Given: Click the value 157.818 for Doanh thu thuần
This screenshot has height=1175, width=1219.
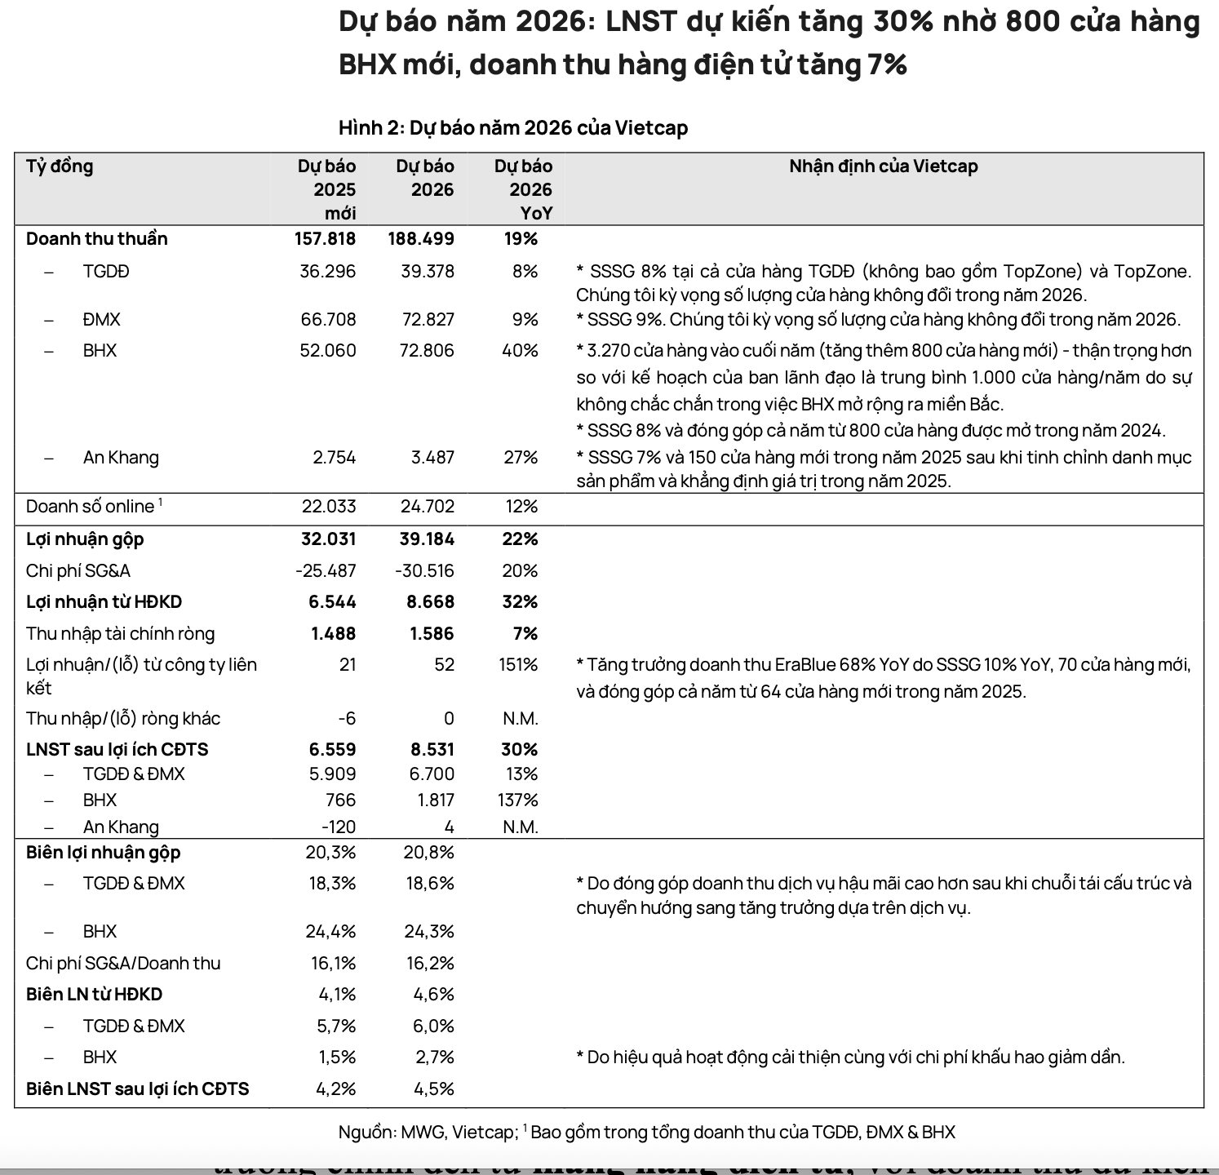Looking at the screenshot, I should tap(325, 239).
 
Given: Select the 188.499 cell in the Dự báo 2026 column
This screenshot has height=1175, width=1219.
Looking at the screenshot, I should tap(421, 239).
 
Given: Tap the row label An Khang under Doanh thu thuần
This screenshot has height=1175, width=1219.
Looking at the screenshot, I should tap(121, 457).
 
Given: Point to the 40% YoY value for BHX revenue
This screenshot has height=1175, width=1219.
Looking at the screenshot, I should tap(520, 351).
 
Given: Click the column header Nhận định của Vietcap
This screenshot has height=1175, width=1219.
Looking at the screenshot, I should tap(883, 166).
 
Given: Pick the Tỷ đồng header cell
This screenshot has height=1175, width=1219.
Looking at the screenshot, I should tap(60, 166).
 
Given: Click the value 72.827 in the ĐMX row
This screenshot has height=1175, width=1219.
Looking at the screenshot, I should tap(428, 320).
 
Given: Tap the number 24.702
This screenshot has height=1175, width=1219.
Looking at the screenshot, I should tap(428, 507).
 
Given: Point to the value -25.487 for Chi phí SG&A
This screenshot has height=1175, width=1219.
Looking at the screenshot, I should tap(326, 571).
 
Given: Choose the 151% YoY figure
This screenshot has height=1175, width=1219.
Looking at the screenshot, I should tap(518, 665).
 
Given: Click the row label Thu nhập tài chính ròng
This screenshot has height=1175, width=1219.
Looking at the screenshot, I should tap(121, 634).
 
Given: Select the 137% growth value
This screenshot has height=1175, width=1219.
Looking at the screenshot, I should tap(517, 800).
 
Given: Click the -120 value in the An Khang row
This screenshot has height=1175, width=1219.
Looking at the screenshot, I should tap(338, 827).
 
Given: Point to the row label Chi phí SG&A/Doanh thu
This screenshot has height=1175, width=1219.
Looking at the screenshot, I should tap(123, 964).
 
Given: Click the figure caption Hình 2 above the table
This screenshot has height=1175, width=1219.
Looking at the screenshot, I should tap(513, 128).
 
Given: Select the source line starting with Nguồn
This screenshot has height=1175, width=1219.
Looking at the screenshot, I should tap(646, 1133).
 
